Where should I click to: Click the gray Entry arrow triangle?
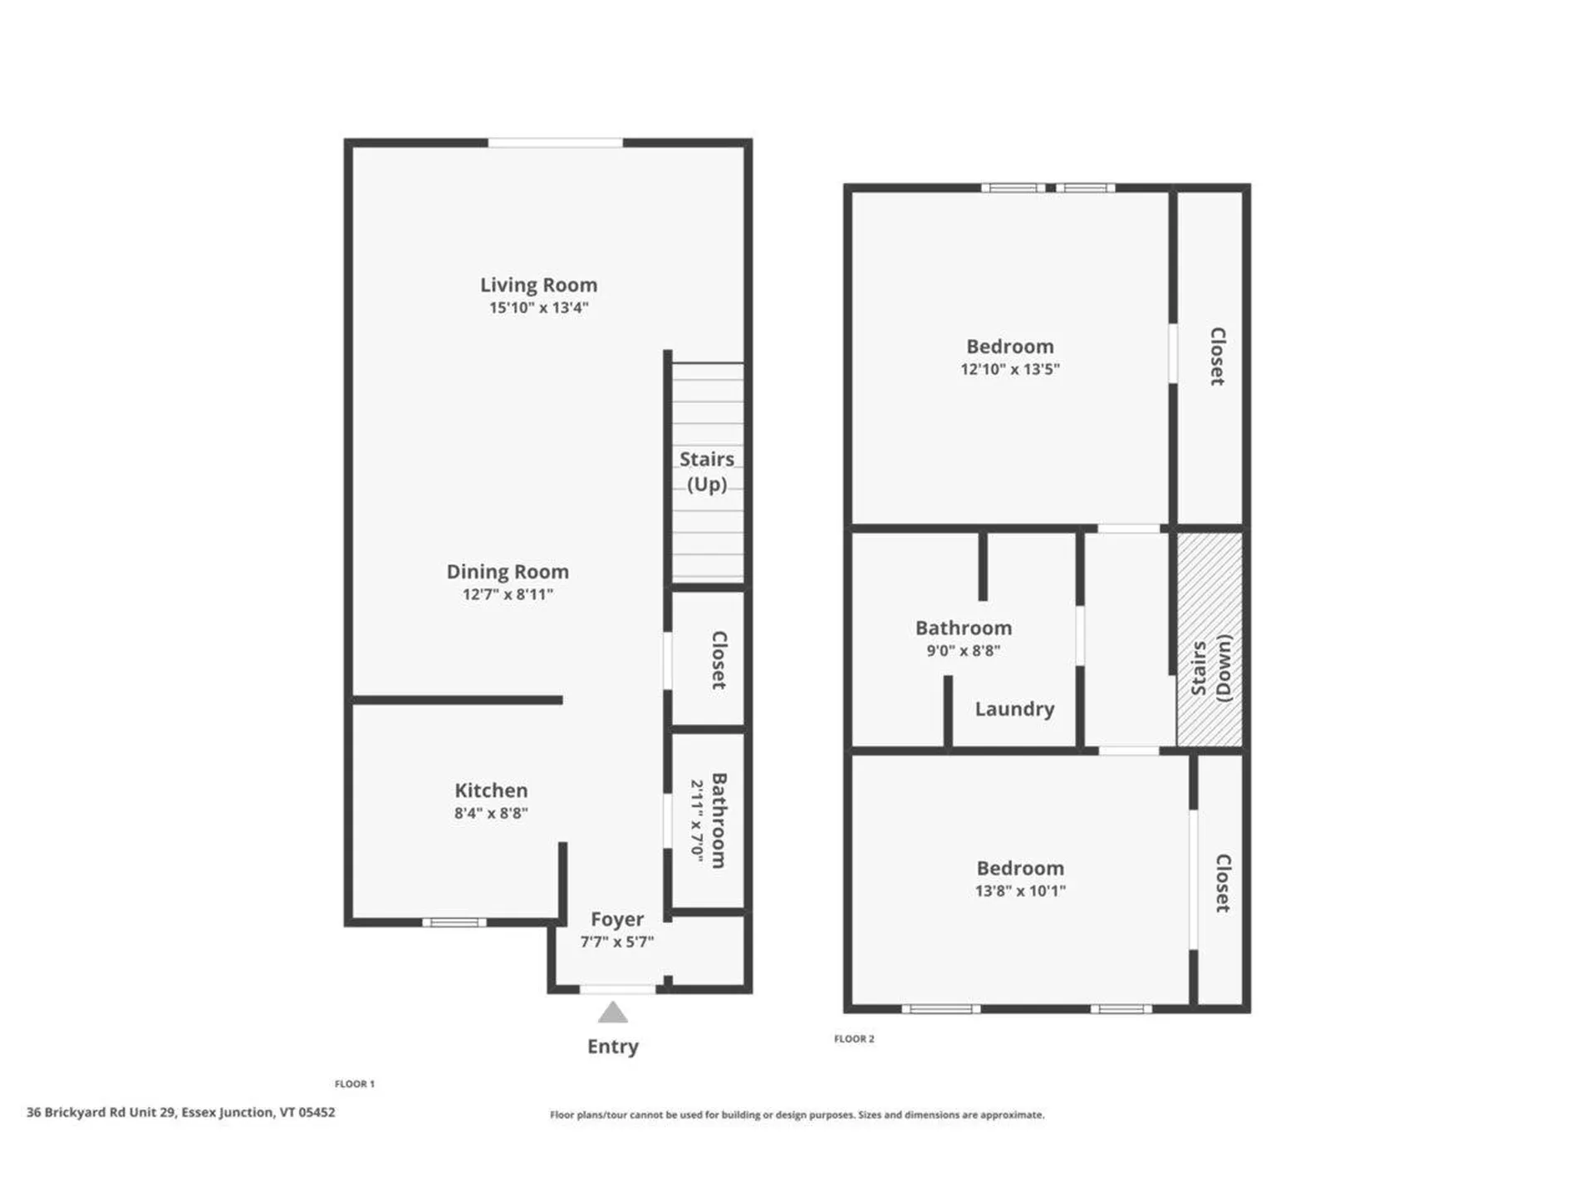pos(612,1012)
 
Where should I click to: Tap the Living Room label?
pos(538,285)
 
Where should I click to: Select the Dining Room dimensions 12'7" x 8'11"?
pos(508,594)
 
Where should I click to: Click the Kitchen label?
pos(490,791)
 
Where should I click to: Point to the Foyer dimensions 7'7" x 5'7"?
pos(616,942)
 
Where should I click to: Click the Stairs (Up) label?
pos(706,471)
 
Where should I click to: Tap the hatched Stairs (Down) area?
pos(1210,639)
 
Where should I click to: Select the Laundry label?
pos(1014,709)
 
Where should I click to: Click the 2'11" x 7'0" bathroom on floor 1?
pos(709,820)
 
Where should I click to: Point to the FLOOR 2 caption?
pos(854,1039)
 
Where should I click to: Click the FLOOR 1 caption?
pos(355,1084)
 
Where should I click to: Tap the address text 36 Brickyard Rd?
pos(180,1112)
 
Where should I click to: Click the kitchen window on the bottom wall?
pos(454,922)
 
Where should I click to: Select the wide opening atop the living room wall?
pos(555,143)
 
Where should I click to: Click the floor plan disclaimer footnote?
pos(797,1115)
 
